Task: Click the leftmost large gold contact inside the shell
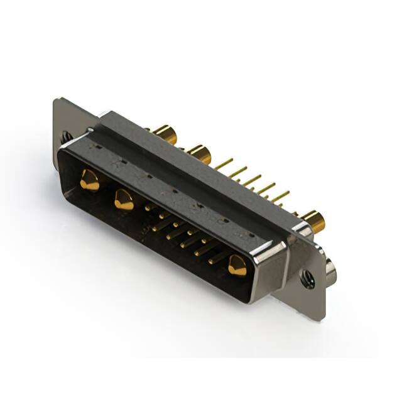coord(89,180)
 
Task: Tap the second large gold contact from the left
coord(124,200)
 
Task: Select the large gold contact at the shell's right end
coord(237,266)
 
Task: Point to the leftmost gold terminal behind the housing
coord(165,133)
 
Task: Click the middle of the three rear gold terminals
coord(200,153)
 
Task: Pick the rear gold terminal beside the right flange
coord(312,221)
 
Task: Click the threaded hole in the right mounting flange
coord(308,278)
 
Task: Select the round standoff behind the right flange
coord(330,271)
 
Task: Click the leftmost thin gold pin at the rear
coord(224,164)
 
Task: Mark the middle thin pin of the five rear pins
coord(252,181)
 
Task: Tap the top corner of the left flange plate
coord(58,100)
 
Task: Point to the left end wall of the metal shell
coord(62,157)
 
